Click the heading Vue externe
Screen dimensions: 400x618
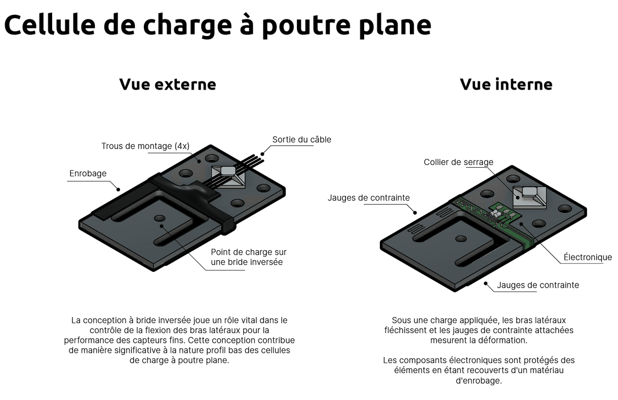tap(167, 84)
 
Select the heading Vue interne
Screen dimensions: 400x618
tap(506, 84)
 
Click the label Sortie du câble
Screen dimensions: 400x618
tap(301, 139)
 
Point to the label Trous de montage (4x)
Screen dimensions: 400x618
tap(145, 146)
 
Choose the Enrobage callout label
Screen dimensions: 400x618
tap(88, 174)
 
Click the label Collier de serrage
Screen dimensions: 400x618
tap(458, 162)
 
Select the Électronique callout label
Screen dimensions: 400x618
tap(588, 258)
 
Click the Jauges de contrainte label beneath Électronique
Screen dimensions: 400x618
tap(537, 285)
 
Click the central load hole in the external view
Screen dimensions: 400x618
tap(160, 218)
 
